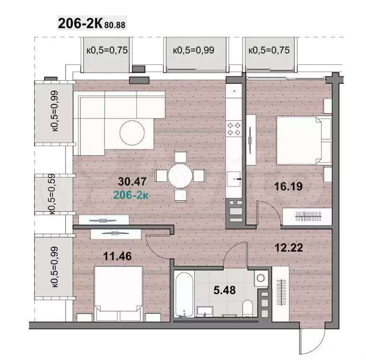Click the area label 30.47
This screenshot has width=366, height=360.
pyautogui.click(x=132, y=181)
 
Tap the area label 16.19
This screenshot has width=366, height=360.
pyautogui.click(x=288, y=186)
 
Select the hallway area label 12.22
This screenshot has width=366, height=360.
pyautogui.click(x=289, y=247)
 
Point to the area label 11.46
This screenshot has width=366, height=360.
pyautogui.click(x=117, y=256)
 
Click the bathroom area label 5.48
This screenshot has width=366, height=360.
pyautogui.click(x=225, y=290)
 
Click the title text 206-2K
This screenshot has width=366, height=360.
pyautogui.click(x=80, y=23)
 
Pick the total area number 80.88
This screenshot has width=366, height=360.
pyautogui.click(x=115, y=25)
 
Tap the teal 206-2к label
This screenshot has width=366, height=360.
pyautogui.click(x=131, y=195)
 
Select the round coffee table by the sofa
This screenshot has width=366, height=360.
pyautogui.click(x=132, y=133)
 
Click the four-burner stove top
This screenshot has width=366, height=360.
pyautogui.click(x=234, y=129)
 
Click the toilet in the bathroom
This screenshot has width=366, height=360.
pyautogui.click(x=248, y=308)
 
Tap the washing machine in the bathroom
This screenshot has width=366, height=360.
pyautogui.click(x=261, y=278)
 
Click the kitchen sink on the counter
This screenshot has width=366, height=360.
pyautogui.click(x=234, y=179)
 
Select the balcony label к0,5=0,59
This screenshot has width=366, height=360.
pyautogui.click(x=52, y=194)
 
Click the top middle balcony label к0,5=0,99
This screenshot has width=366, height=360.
pyautogui.click(x=193, y=50)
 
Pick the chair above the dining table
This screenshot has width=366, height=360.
pyautogui.click(x=181, y=157)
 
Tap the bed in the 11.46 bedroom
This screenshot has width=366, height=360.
pyautogui.click(x=119, y=293)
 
